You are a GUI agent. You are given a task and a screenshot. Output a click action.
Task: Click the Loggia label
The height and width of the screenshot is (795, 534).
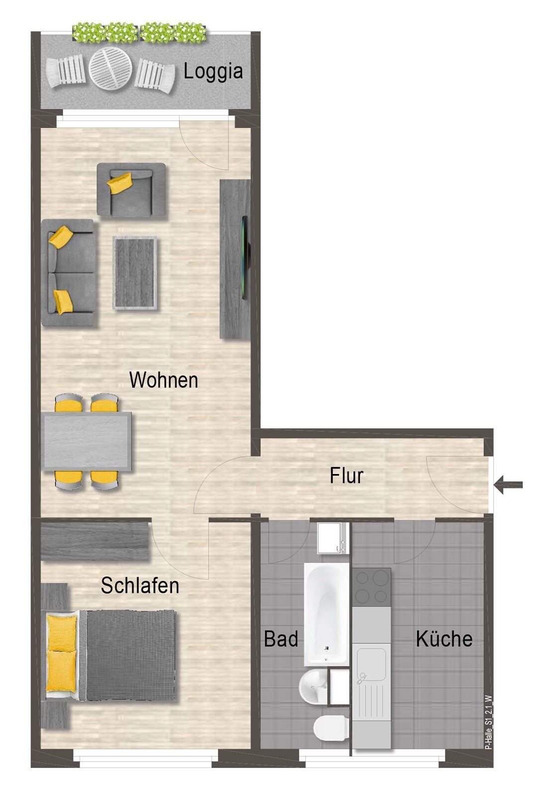(x=213, y=72)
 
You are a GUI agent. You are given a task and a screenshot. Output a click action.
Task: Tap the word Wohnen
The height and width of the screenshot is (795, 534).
(x=164, y=380)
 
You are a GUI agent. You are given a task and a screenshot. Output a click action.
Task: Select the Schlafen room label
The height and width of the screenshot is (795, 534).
(x=140, y=585)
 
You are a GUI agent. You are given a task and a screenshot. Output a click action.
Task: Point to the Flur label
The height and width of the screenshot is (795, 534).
(x=347, y=476)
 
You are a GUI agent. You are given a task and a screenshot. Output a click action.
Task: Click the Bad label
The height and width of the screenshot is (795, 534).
(x=281, y=639)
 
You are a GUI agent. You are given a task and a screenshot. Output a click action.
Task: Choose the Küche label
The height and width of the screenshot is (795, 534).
(x=444, y=639)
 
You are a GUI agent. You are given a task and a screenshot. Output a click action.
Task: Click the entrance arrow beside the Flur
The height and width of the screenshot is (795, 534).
(x=509, y=484)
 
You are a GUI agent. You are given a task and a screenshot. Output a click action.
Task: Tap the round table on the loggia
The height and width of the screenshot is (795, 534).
(x=110, y=69)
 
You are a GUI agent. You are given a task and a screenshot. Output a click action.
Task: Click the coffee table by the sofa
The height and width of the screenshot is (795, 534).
(x=135, y=273)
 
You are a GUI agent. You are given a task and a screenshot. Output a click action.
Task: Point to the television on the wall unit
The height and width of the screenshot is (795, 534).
(x=245, y=258)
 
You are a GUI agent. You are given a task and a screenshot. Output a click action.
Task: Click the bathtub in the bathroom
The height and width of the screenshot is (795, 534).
(x=326, y=614)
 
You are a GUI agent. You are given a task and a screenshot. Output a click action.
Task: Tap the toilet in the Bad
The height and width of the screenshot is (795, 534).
(x=330, y=728)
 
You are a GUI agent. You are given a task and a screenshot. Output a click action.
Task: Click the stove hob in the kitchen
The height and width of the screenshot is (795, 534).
(x=371, y=586)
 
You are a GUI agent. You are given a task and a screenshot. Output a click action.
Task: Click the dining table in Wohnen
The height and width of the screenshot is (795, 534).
(x=88, y=441)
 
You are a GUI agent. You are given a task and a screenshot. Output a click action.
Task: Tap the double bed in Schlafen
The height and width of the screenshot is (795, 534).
(x=112, y=655)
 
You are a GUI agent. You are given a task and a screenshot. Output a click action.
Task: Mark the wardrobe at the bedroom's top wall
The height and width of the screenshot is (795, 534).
(x=95, y=540)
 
